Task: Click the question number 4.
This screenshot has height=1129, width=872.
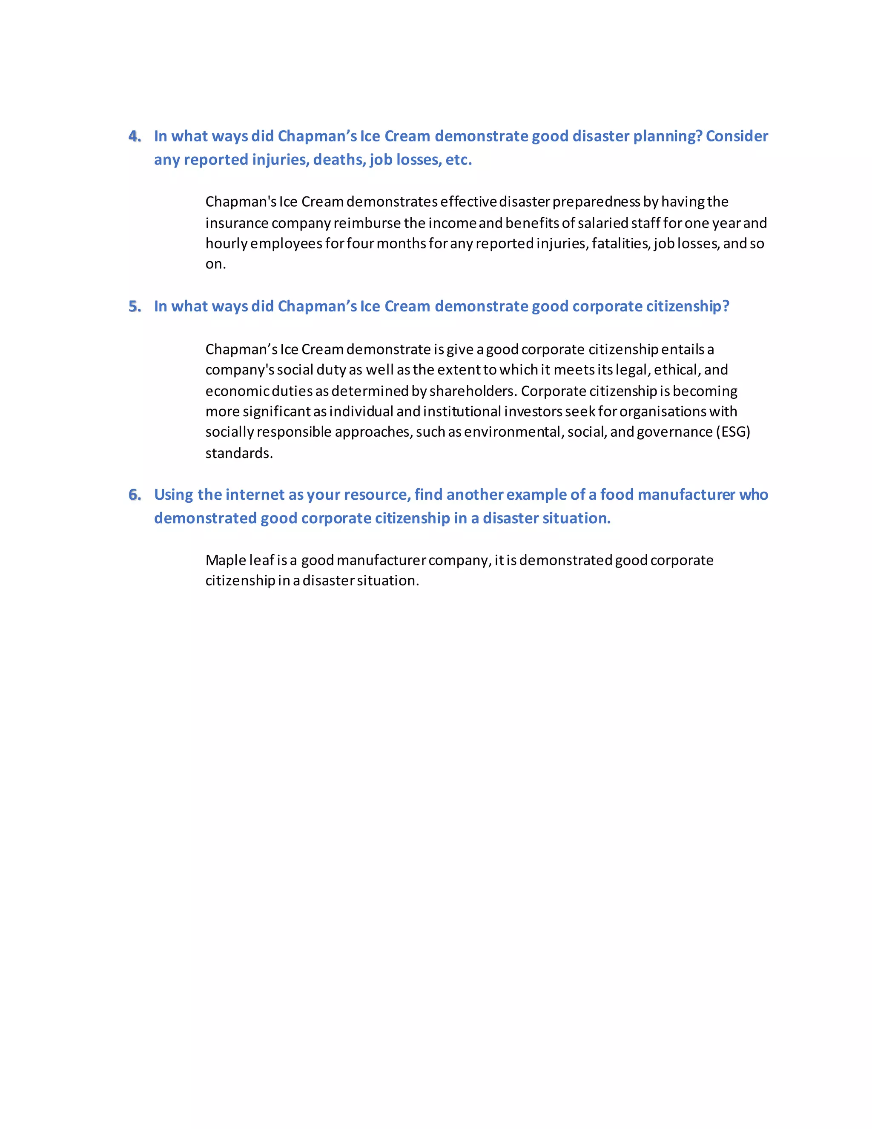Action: (x=134, y=136)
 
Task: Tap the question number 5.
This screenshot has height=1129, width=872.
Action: (x=134, y=307)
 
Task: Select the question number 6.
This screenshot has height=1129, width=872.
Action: (x=134, y=495)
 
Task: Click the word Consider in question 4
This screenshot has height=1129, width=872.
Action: (x=737, y=136)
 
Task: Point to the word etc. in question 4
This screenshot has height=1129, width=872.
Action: (x=459, y=160)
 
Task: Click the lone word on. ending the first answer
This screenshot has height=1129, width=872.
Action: (x=215, y=264)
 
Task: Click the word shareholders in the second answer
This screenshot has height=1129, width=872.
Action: (x=472, y=391)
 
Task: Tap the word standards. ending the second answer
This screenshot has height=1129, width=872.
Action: (x=239, y=453)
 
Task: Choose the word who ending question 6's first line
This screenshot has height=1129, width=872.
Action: (x=753, y=495)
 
